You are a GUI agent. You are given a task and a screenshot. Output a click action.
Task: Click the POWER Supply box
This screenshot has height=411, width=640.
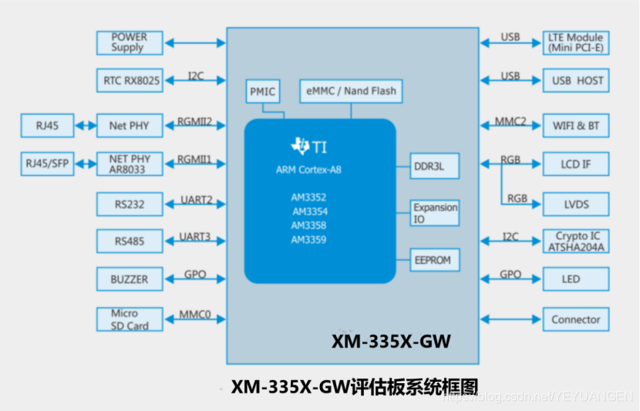[x=130, y=42]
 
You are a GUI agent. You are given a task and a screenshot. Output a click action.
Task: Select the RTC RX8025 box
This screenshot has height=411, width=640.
[x=130, y=80]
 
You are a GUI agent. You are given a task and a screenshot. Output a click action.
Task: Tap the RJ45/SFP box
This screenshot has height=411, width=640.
[x=47, y=164]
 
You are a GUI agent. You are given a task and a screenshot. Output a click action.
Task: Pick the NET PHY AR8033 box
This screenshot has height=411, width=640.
[x=130, y=164]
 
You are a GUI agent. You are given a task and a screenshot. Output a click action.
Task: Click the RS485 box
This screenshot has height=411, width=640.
[x=130, y=241]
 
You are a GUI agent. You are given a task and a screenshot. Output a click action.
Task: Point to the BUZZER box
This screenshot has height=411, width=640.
[x=130, y=279]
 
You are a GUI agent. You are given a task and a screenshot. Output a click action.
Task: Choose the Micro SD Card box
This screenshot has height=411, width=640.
[x=130, y=319]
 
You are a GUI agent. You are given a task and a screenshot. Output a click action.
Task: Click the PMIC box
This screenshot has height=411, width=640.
[x=262, y=92]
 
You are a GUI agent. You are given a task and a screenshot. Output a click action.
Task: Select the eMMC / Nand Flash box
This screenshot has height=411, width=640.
[x=350, y=91]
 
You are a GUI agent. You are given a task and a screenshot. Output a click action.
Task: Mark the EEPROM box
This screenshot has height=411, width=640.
[x=434, y=261]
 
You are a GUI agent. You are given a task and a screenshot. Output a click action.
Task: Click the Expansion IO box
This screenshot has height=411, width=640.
[x=434, y=213]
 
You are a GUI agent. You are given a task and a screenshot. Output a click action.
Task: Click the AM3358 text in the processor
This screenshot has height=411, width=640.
[x=308, y=226]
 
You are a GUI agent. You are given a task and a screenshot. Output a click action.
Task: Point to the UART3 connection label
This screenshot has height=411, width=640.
[x=196, y=237]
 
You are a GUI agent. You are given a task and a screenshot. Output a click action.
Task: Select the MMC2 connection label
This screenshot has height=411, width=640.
[x=510, y=121]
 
